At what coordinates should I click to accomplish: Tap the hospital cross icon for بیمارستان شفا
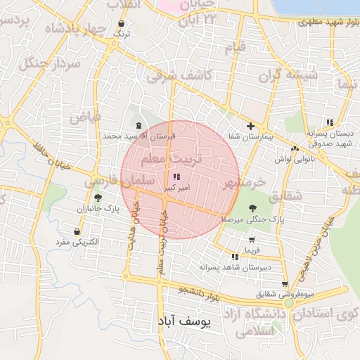tap(250, 125)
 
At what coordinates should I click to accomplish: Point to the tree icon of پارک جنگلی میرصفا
tap(253, 207)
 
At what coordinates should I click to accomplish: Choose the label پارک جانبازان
tap(94, 210)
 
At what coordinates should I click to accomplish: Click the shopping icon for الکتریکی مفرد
tap(77, 231)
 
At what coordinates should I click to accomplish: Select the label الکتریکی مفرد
tap(79, 243)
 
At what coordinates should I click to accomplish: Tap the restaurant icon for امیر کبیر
tap(175, 177)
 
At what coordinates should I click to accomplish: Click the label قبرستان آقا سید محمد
tap(138, 135)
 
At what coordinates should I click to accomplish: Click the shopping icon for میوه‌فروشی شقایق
tap(285, 284)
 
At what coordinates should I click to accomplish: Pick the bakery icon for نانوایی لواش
tap(295, 148)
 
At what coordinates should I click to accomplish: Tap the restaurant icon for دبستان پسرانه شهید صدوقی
tap(330, 122)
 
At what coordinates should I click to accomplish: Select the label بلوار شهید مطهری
tap(323, 22)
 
